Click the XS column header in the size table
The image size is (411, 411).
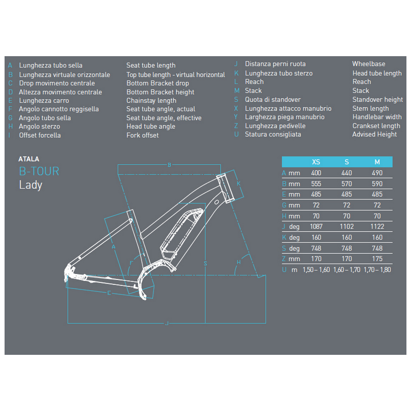pyautogui.click(x=316, y=162)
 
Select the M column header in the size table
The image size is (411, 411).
pyautogui.click(x=377, y=162)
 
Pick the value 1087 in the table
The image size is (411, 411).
pyautogui.click(x=316, y=227)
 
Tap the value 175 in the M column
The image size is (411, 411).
pyautogui.click(x=377, y=259)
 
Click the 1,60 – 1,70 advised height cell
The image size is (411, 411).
pyautogui.click(x=347, y=270)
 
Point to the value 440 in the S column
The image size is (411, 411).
pyautogui.click(x=347, y=173)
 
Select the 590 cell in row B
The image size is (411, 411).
pyautogui.click(x=377, y=184)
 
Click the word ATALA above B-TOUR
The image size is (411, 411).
pyautogui.click(x=29, y=159)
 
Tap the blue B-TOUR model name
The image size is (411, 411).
pyautogui.click(x=39, y=171)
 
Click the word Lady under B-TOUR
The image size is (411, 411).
pyautogui.click(x=31, y=185)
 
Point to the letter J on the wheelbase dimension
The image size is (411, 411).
pyautogui.click(x=167, y=323)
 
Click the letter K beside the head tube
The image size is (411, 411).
pyautogui.click(x=238, y=184)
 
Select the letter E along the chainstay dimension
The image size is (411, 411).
pyautogui.click(x=109, y=293)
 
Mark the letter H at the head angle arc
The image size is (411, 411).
pyautogui.click(x=238, y=262)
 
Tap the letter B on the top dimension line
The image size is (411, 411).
pyautogui.click(x=169, y=165)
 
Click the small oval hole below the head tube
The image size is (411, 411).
pyautogui.click(x=217, y=202)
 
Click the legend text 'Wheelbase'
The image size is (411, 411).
pyautogui.click(x=369, y=64)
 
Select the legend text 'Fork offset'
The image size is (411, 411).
pyautogui.click(x=142, y=135)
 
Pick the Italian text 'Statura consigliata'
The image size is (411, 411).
pyautogui.click(x=273, y=134)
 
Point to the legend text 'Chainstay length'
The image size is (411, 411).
pyautogui.click(x=151, y=101)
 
